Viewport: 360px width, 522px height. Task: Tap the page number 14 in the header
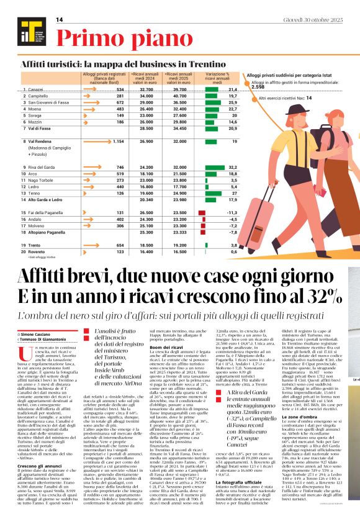coord(60,20)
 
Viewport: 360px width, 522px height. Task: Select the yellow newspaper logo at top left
coord(29,30)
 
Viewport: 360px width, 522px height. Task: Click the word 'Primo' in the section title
coord(92,38)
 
